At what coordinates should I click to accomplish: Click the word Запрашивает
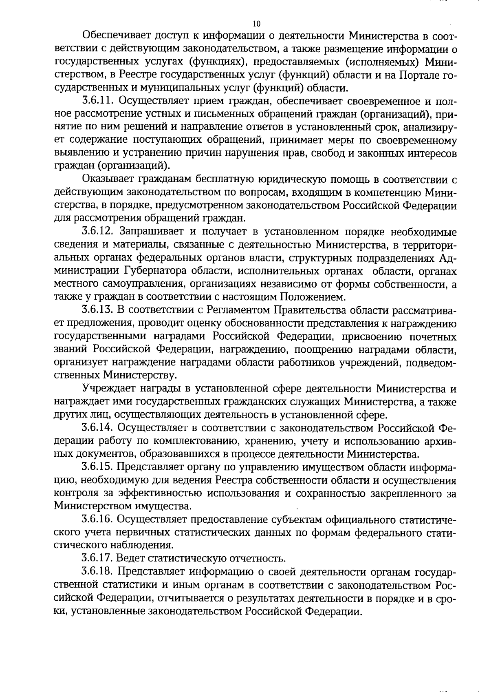coord(150,232)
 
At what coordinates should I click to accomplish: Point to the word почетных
coord(435,336)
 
